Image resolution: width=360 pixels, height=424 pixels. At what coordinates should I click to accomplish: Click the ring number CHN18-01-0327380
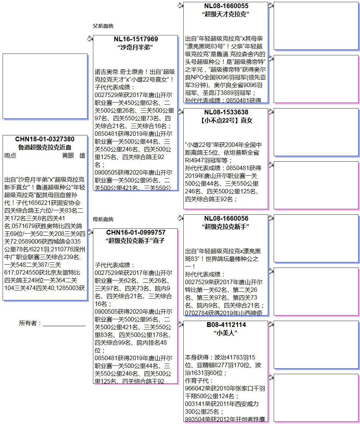(45, 139)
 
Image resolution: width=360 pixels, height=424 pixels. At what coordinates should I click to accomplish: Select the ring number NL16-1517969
(135, 39)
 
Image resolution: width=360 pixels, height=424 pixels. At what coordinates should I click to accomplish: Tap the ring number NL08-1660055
(226, 6)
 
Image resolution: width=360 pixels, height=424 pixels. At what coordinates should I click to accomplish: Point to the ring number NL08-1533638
(226, 112)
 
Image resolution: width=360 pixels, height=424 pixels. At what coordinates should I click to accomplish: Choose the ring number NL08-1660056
(226, 218)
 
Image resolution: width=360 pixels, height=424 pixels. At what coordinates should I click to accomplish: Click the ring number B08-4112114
(226, 325)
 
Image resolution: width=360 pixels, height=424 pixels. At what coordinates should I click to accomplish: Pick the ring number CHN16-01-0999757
(135, 232)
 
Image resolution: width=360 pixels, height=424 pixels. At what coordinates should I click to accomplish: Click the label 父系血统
(103, 26)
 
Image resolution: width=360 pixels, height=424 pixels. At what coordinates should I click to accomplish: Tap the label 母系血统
(103, 219)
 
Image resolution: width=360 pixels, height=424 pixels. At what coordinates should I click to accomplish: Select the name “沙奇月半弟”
(135, 47)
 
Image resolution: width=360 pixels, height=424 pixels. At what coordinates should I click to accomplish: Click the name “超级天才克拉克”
(226, 14)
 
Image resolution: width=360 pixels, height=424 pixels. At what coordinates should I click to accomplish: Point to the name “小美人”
(226, 333)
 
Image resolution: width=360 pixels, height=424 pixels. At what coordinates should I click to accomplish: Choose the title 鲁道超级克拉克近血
(45, 147)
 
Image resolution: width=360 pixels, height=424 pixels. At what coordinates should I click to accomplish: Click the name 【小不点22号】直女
(226, 120)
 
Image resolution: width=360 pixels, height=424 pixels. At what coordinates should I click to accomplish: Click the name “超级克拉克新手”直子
(135, 241)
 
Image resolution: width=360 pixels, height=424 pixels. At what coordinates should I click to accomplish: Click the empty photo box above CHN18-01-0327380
(45, 86)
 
